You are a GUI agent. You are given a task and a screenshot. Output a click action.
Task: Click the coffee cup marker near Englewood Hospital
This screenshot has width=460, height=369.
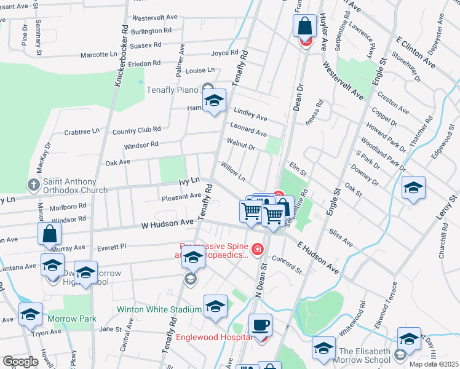point(260,324)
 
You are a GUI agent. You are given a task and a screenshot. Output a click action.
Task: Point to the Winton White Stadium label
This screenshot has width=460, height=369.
point(159,309)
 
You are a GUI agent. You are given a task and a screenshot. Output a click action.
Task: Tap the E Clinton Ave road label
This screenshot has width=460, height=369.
point(416,52)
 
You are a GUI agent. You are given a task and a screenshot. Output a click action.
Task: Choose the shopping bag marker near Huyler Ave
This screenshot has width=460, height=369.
point(304,26)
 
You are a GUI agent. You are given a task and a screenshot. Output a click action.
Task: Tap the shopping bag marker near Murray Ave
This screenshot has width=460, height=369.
point(49,234)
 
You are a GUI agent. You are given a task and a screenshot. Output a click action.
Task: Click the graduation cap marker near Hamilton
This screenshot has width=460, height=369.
point(214,101)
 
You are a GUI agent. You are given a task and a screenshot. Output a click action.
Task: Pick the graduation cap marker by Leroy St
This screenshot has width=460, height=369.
point(413,188)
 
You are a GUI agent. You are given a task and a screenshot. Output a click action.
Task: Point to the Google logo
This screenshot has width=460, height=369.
point(21,362)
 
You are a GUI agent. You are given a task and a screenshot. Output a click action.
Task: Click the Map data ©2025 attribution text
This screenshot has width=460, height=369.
point(433,364)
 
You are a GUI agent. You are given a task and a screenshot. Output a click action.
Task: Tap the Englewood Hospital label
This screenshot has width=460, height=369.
point(214,337)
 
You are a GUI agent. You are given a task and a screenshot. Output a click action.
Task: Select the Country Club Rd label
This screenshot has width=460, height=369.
point(137,130)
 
